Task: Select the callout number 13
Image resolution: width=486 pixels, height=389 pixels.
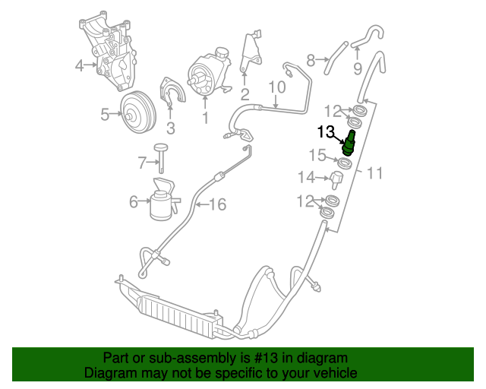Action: [x=326, y=132]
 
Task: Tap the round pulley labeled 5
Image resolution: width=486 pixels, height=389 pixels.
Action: [x=137, y=114]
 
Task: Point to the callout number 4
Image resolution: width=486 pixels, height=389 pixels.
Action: [x=79, y=65]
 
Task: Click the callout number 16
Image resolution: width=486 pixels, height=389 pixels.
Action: [x=218, y=204]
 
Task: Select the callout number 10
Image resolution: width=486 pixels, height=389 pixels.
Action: [x=276, y=87]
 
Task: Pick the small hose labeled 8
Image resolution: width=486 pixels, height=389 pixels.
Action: [x=310, y=59]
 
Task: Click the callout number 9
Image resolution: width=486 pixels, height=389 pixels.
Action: [x=356, y=70]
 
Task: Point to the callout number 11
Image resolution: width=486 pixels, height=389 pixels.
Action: [x=374, y=174]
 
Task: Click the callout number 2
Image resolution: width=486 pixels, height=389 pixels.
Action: [x=245, y=95]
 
